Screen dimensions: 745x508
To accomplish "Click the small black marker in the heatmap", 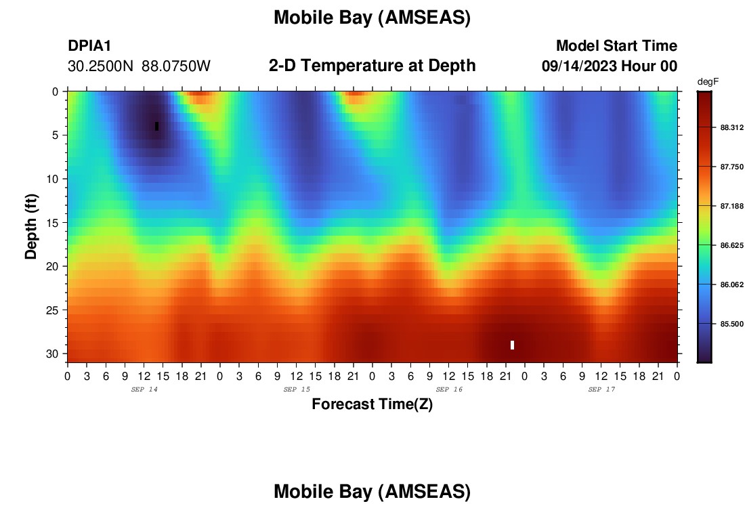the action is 157,127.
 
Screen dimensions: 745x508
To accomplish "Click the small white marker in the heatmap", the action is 512,345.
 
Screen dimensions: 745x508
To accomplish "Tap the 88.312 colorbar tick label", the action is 731,127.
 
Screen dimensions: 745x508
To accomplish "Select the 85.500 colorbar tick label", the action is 731,324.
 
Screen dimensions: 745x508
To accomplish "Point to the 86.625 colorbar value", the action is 731,245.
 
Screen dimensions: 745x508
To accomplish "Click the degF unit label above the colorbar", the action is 708,82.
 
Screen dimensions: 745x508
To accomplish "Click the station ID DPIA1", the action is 89,45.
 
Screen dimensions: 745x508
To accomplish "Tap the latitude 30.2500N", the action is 100,66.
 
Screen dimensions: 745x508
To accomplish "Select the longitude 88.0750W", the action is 176,66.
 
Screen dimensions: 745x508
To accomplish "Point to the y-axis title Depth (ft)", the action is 31,227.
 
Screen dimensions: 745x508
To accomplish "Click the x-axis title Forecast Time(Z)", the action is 372,404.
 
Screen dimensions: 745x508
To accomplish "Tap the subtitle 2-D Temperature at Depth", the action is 372,66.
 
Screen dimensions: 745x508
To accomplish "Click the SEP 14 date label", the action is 144,389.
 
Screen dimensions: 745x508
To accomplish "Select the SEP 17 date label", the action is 601,389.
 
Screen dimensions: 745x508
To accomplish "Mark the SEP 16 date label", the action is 449,389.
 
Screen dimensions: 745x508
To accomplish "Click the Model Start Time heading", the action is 617,45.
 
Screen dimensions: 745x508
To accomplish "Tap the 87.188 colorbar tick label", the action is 731,206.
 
